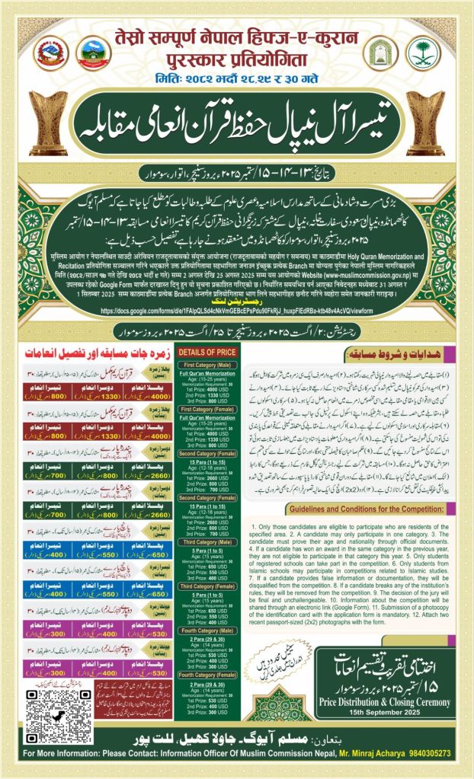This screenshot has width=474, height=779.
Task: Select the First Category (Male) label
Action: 207,366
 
